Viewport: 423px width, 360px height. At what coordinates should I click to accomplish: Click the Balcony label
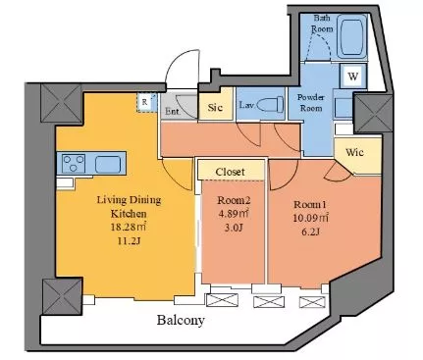[x=181, y=320]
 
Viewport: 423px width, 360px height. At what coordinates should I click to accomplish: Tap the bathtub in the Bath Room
[x=352, y=35]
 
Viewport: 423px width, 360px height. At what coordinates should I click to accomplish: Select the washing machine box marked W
[x=352, y=77]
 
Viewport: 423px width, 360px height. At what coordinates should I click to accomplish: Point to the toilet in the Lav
[x=270, y=105]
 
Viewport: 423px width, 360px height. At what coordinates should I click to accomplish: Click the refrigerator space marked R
[x=145, y=102]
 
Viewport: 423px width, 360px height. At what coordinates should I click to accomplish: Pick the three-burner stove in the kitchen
[x=74, y=164]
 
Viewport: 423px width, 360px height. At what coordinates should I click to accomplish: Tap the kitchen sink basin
[x=108, y=164]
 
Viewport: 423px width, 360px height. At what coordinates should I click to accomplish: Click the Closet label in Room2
[x=230, y=172]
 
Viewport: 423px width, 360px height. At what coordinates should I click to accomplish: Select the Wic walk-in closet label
[x=354, y=152]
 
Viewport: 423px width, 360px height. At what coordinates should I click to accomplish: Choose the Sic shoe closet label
[x=215, y=107]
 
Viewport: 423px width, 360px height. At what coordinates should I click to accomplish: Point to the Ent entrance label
[x=172, y=112]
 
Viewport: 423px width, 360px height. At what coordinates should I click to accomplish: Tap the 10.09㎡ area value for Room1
[x=311, y=218]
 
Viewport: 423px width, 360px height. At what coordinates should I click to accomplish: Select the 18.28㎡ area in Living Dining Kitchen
[x=128, y=227]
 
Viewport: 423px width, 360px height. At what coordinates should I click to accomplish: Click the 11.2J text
[x=129, y=241]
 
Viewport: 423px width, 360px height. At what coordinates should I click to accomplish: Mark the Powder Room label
[x=311, y=103]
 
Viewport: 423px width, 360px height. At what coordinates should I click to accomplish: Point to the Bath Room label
[x=322, y=24]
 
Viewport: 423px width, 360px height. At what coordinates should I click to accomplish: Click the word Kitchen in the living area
[x=129, y=214]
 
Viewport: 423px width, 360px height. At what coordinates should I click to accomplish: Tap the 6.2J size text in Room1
[x=311, y=232]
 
